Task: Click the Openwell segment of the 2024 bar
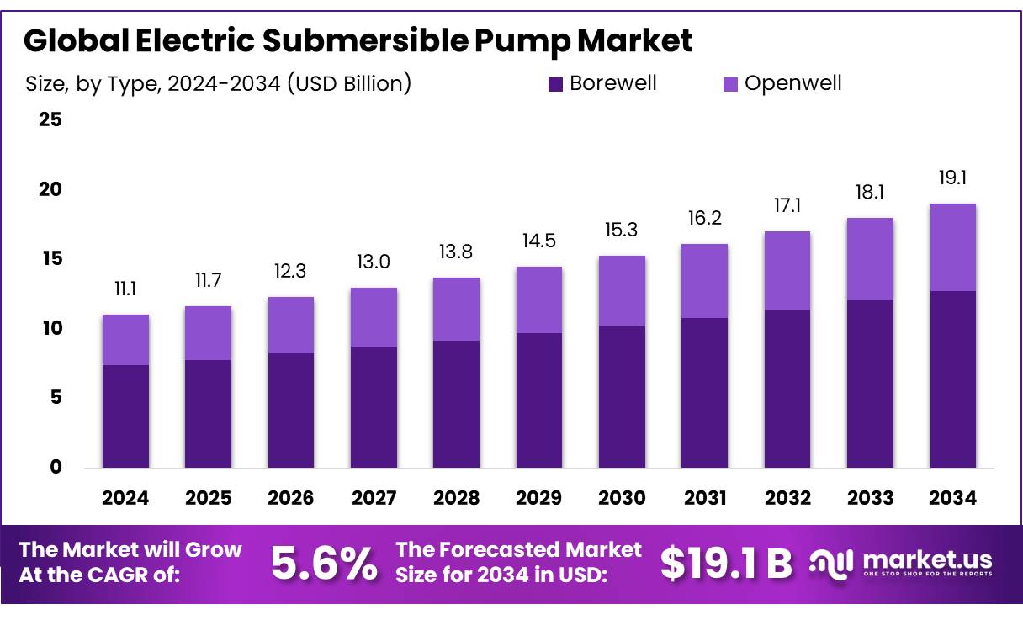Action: (x=125, y=339)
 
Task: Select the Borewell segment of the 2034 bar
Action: (x=952, y=379)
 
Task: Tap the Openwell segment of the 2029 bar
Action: (x=539, y=299)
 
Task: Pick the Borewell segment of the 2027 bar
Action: (x=374, y=407)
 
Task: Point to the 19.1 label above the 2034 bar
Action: (x=952, y=178)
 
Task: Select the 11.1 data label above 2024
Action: (x=125, y=289)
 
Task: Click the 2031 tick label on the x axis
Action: (x=704, y=498)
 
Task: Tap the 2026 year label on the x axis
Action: (x=290, y=498)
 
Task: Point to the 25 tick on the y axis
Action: (x=50, y=119)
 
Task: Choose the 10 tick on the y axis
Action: (x=50, y=328)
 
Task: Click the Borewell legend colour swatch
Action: (x=555, y=84)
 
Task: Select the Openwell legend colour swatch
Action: (x=730, y=84)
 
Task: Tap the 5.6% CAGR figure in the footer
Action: (x=324, y=564)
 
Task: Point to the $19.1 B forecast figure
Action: (x=725, y=564)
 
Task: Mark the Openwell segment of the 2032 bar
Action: (x=787, y=270)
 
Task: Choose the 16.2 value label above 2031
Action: (x=704, y=219)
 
